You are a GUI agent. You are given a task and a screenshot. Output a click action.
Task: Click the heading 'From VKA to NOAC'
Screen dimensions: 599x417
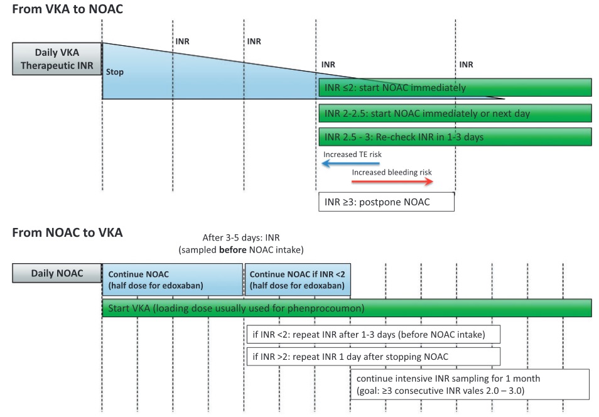pos(68,9)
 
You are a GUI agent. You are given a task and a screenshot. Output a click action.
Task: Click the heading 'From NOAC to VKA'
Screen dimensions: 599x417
pos(68,232)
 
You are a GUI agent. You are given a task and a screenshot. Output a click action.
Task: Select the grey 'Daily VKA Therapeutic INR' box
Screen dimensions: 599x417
pos(57,59)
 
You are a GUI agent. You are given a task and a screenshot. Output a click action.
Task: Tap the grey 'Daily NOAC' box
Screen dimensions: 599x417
pos(57,273)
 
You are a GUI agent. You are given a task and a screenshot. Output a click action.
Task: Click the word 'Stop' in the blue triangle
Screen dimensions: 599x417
pos(115,72)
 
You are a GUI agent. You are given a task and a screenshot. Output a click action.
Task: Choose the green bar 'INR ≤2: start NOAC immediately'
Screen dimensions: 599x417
pos(455,87)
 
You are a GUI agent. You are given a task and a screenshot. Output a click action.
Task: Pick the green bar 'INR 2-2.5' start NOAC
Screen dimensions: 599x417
pos(455,114)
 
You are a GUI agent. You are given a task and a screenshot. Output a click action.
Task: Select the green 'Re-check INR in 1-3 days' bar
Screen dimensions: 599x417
pos(455,137)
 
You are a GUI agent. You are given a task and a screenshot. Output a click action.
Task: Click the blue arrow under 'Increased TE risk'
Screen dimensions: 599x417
pos(351,163)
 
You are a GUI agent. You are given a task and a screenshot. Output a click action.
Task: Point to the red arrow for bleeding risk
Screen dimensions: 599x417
pos(392,181)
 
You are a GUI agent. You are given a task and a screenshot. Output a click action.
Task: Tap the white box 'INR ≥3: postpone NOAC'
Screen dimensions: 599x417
pos(387,202)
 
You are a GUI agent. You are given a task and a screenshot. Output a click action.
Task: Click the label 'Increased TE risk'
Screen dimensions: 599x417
pos(352,154)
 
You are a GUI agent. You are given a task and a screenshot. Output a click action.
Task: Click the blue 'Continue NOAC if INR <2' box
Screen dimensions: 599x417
pos(298,280)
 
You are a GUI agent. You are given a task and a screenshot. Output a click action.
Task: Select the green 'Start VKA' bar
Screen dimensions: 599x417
pos(347,308)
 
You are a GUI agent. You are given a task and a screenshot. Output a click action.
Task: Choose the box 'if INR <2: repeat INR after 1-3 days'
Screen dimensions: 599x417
pos(373,335)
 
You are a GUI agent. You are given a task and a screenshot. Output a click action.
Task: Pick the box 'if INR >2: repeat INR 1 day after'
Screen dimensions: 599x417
pos(373,357)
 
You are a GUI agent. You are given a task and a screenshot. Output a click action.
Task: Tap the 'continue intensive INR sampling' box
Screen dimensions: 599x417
pos(470,384)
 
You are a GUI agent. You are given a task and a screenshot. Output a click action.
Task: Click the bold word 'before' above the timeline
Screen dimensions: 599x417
pos(233,250)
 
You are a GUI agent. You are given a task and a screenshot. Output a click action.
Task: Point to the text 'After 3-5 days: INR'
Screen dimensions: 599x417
pos(241,238)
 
